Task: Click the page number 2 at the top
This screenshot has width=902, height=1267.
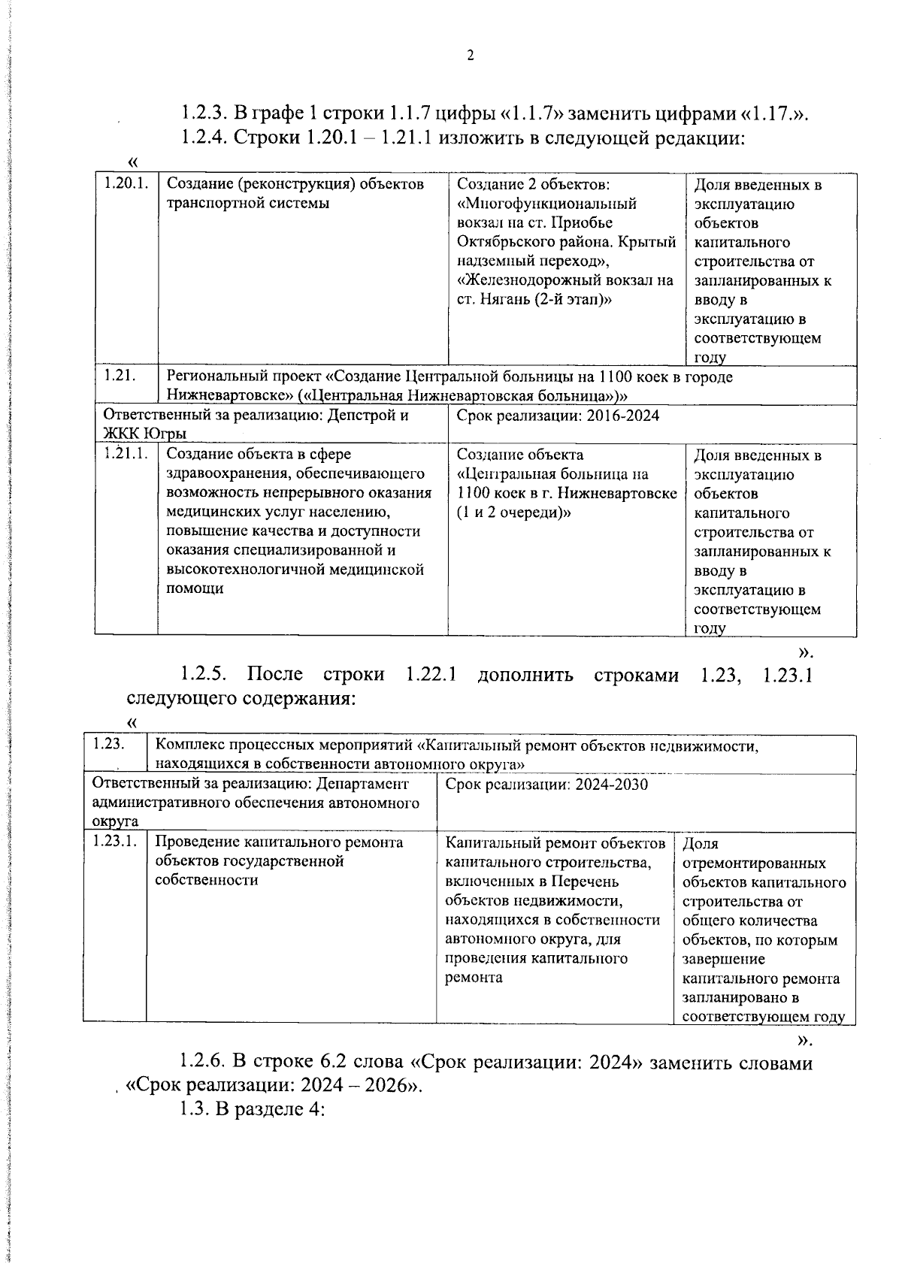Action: point(470,55)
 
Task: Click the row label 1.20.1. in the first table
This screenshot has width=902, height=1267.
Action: point(125,184)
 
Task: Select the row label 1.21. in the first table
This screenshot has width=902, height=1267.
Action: point(120,376)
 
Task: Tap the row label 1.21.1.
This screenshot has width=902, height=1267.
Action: point(125,454)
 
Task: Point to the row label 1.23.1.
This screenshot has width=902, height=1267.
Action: point(114,842)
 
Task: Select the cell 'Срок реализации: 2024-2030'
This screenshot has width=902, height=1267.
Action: point(546,785)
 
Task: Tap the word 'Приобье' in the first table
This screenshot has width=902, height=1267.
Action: point(583,223)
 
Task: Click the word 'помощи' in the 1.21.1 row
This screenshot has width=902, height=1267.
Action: point(195,588)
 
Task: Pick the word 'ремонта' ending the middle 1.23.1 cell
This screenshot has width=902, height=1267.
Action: point(474,978)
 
